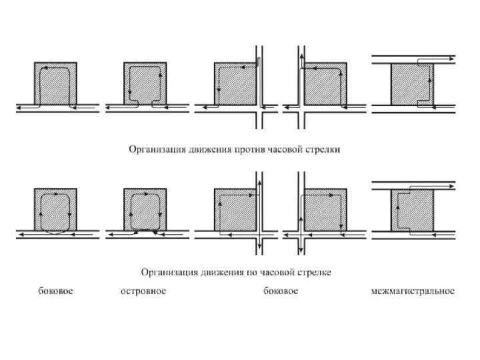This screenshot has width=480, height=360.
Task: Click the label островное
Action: coord(143,291)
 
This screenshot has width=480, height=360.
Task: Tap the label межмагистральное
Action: coord(413,291)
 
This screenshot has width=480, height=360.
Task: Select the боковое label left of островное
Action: coord(55,291)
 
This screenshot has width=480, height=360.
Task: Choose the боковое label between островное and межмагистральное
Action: coord(281,291)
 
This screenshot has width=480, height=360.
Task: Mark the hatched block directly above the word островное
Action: coord(145,210)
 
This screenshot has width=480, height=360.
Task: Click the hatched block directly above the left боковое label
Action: coord(55,210)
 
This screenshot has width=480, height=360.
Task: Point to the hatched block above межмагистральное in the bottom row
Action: coord(413,210)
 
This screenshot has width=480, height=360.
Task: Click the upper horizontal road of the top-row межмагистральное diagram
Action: coord(413,59)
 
